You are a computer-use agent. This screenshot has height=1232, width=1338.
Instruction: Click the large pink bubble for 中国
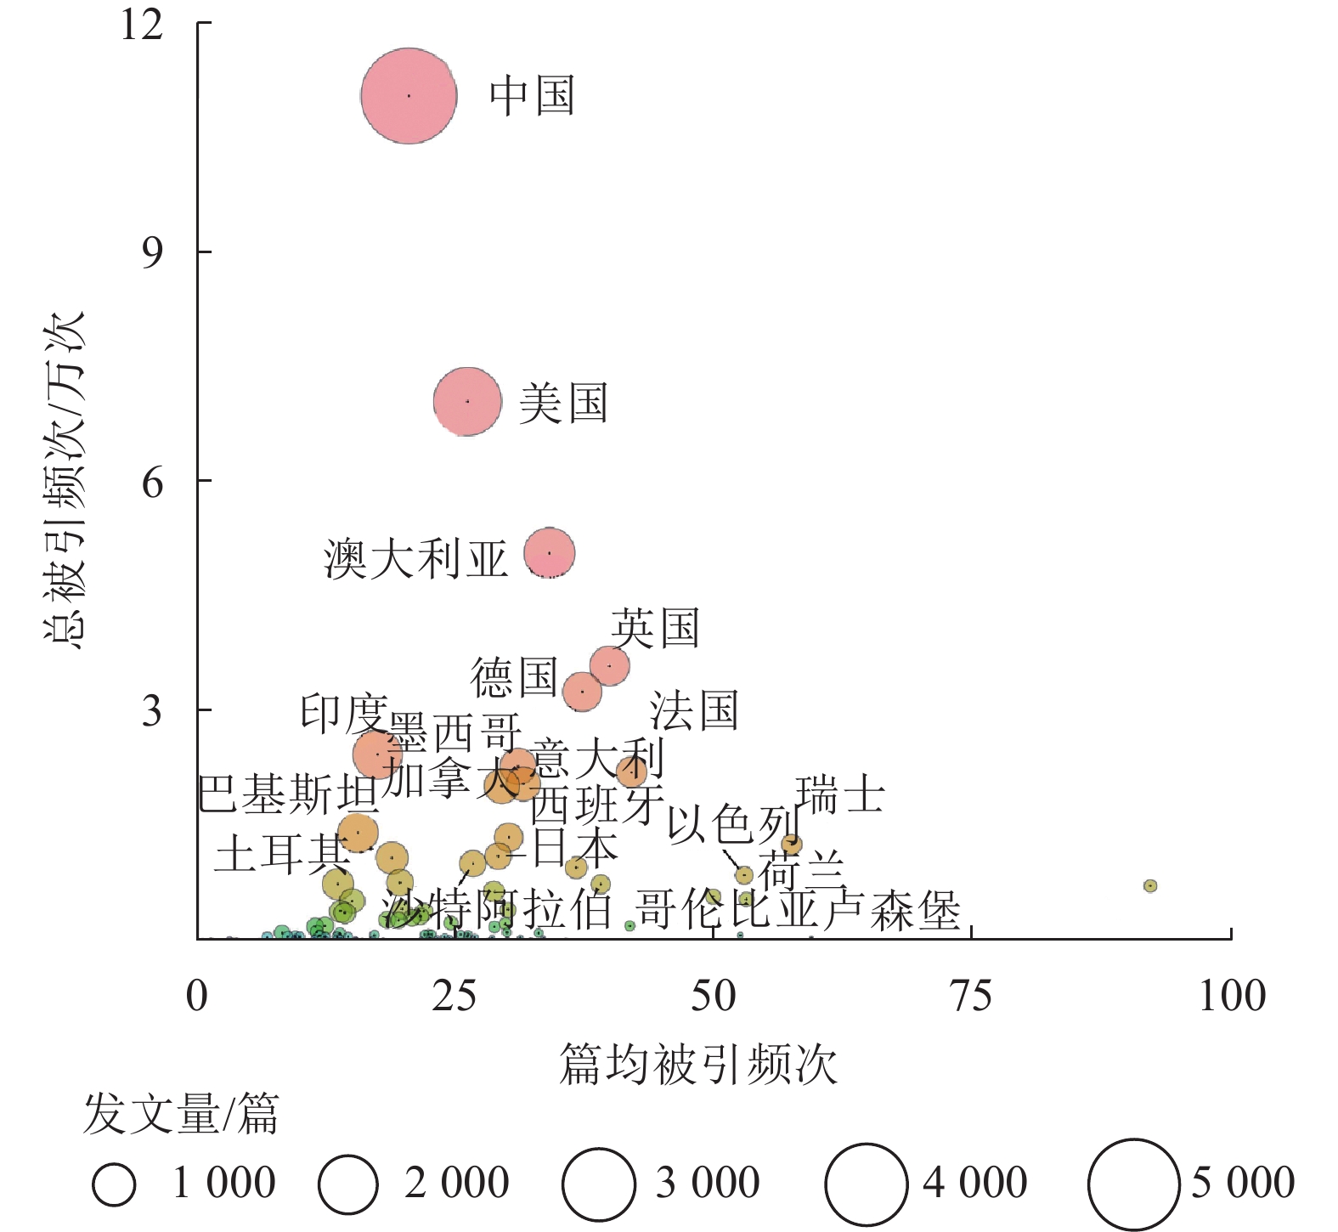(409, 96)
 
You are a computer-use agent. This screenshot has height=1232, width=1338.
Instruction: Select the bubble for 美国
(467, 401)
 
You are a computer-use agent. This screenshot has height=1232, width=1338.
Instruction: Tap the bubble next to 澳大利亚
(550, 553)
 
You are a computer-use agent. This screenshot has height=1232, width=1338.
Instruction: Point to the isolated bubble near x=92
(1150, 885)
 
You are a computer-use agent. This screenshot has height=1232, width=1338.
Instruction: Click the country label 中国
(532, 95)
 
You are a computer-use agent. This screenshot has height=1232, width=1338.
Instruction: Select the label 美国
(563, 403)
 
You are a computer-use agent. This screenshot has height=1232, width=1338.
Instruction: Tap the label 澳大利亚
(415, 559)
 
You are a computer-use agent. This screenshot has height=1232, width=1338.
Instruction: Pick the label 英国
(655, 629)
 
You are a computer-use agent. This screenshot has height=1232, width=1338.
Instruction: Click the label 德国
(514, 677)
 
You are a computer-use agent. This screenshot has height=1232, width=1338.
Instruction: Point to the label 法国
(694, 710)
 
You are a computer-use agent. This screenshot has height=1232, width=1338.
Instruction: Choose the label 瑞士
(840, 795)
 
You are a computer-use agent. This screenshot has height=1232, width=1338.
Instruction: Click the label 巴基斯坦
(289, 794)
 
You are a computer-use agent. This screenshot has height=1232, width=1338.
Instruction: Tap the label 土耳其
(281, 853)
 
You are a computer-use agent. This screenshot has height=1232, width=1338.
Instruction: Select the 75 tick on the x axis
(971, 995)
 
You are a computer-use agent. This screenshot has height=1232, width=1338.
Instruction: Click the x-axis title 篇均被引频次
(698, 1064)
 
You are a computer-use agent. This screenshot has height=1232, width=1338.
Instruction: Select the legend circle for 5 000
(1133, 1184)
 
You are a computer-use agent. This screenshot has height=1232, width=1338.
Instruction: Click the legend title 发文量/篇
(181, 1114)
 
